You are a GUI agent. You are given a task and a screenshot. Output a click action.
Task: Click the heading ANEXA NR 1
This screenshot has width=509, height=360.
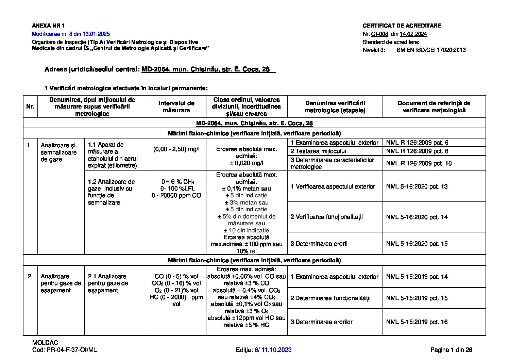point(48,26)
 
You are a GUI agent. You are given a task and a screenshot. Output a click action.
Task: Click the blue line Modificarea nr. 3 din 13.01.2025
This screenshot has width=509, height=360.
point(71,34)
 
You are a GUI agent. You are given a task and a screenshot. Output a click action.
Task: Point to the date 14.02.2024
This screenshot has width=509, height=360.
point(413,34)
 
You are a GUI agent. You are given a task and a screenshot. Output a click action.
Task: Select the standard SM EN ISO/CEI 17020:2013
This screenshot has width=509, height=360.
point(431,50)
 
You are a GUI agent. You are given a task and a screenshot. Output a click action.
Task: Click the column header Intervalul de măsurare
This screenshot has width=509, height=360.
point(176,107)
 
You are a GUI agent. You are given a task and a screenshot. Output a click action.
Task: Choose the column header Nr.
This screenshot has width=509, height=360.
point(30,107)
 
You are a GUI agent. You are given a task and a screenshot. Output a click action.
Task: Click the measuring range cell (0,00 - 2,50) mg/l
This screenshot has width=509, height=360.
point(176,149)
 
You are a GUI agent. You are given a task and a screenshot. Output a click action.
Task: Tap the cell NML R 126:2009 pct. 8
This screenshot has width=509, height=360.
point(417,151)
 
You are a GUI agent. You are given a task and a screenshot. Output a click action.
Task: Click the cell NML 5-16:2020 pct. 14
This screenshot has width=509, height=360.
point(417,217)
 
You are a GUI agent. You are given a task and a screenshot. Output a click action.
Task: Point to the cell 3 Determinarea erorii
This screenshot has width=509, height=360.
point(314,244)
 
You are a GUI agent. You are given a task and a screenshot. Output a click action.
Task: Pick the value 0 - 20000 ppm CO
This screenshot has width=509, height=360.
point(176,195)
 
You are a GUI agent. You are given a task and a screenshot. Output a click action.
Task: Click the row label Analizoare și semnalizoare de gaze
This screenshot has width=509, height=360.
point(58,152)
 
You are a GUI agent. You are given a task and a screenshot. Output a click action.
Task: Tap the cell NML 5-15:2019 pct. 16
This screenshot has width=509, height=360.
point(417,322)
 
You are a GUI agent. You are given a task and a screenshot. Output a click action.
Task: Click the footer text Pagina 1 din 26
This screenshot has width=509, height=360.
point(451,350)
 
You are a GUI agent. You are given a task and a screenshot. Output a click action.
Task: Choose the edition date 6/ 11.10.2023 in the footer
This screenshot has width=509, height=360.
point(273,350)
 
